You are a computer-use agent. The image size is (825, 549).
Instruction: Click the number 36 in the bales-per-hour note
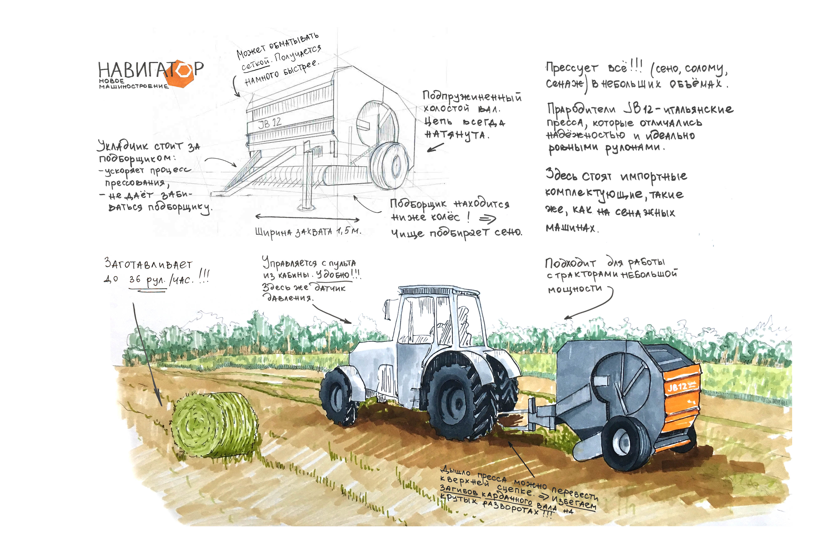pyautogui.click(x=135, y=279)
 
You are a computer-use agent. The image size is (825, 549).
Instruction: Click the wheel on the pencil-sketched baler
pyautogui.click(x=389, y=164)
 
